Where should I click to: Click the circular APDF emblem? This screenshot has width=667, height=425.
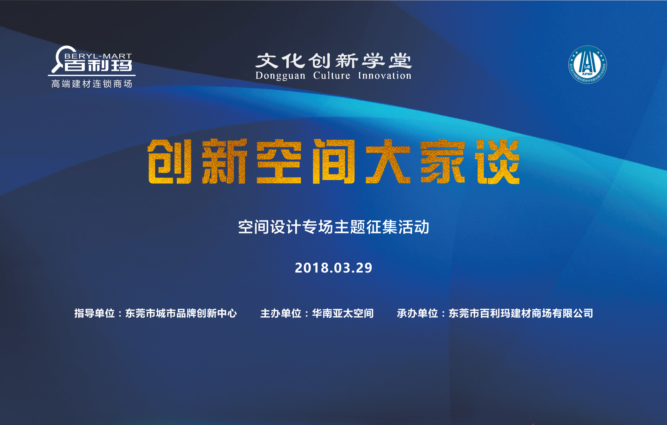pyautogui.click(x=587, y=65)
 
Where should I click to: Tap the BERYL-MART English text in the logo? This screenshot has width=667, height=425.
pyautogui.click(x=98, y=56)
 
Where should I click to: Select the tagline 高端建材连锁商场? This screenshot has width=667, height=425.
pyautogui.click(x=92, y=84)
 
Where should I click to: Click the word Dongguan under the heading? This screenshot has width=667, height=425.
pyautogui.click(x=280, y=76)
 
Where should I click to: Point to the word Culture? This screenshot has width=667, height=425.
pyautogui.click(x=331, y=76)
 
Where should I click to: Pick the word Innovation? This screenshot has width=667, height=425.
pyautogui.click(x=384, y=76)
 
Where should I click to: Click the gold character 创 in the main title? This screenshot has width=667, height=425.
pyautogui.click(x=170, y=161)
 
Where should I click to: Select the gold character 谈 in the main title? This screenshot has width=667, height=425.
pyautogui.click(x=498, y=161)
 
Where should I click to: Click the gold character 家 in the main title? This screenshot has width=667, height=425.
pyautogui.click(x=443, y=161)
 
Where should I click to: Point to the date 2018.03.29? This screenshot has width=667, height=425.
pyautogui.click(x=333, y=268)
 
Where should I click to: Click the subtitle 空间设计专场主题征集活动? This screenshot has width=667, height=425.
pyautogui.click(x=333, y=227)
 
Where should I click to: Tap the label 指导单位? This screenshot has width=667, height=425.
pyautogui.click(x=95, y=313)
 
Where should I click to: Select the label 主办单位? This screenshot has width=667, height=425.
pyautogui.click(x=281, y=313)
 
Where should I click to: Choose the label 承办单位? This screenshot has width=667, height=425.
pyautogui.click(x=417, y=313)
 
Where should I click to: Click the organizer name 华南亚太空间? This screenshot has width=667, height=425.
pyautogui.click(x=343, y=313)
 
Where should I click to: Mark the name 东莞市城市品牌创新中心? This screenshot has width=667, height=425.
pyautogui.click(x=181, y=313)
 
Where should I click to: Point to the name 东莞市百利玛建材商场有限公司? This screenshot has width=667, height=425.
pyautogui.click(x=521, y=313)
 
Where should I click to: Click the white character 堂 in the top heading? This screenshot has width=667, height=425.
pyautogui.click(x=400, y=61)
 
